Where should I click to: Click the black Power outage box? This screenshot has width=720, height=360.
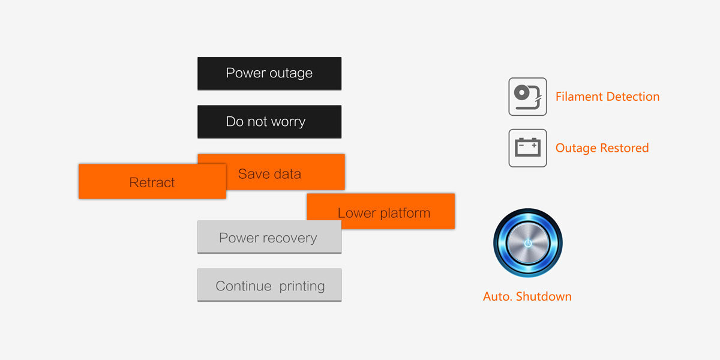click(x=269, y=73)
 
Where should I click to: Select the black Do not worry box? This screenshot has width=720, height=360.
click(x=269, y=122)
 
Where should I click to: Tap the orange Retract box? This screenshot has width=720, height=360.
click(x=152, y=182)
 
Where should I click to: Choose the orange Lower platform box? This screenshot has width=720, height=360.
click(x=384, y=213)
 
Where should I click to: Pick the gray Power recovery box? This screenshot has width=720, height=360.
click(x=269, y=238)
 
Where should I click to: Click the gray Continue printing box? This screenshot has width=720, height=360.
click(x=269, y=286)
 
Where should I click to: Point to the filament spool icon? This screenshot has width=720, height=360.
click(x=527, y=97)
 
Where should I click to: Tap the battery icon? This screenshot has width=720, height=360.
click(x=527, y=148)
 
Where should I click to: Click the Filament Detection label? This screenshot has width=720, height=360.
click(x=607, y=97)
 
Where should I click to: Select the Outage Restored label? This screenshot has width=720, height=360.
click(x=602, y=148)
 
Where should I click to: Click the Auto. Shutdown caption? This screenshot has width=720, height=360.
click(x=527, y=296)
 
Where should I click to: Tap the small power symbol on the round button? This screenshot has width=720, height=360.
click(x=527, y=243)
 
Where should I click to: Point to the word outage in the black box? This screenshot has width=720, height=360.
click(x=291, y=73)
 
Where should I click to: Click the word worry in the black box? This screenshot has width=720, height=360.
click(x=287, y=122)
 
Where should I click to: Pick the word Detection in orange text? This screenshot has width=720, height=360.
click(x=630, y=97)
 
